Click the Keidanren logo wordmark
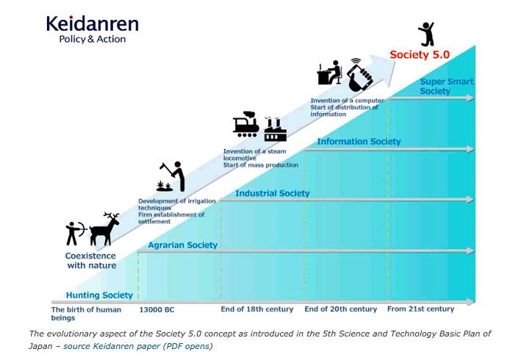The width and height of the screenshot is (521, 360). click(x=93, y=24)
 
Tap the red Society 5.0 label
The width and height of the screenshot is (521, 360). click(x=420, y=54)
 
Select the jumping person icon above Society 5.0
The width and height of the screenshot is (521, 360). click(x=426, y=34)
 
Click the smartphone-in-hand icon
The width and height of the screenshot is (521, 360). click(x=359, y=75)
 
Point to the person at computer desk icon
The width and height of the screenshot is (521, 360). click(x=329, y=73)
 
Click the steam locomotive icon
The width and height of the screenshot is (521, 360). click(x=246, y=124)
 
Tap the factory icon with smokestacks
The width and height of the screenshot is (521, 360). click(x=275, y=129)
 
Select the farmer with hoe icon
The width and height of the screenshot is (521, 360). click(x=170, y=176)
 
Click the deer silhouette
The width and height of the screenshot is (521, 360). click(x=104, y=229)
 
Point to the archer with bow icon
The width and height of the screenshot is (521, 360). click(x=76, y=233)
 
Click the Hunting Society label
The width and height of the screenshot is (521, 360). click(x=99, y=295)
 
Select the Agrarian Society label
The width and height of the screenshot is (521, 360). click(x=182, y=245)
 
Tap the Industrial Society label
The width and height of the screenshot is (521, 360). click(x=273, y=193)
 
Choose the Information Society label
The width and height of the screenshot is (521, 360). click(x=359, y=142)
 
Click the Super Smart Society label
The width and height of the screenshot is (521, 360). click(x=446, y=87)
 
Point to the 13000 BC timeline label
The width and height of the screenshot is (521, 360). click(x=157, y=310)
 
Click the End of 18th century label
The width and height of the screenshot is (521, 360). click(x=257, y=309)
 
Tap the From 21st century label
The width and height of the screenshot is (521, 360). click(x=420, y=309)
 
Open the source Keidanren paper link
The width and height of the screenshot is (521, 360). click(x=138, y=346)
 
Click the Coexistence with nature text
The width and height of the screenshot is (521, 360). click(x=91, y=261)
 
